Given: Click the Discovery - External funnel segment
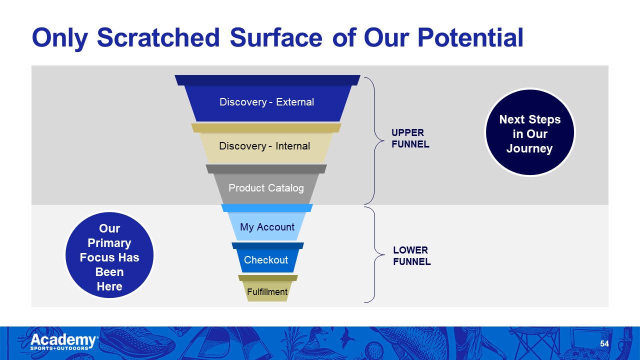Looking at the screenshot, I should pos(267,102).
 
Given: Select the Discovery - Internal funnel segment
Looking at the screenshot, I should pos(265,146).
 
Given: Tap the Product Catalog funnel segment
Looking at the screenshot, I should pos(266,188).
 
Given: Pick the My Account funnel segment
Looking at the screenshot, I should pos(267,227).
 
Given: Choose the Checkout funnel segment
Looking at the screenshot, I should pos(266,260).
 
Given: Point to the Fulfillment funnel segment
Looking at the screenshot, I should pos(267,292).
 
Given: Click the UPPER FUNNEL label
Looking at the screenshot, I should pos(410,138).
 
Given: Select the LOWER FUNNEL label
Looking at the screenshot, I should pos(411,255).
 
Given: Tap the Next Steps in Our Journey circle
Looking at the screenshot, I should pos(530,133).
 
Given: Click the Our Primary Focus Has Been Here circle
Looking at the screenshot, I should pos(109,257).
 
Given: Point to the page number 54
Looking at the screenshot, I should pos(604,344).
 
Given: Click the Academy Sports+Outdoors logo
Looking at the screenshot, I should pos(64,342).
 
